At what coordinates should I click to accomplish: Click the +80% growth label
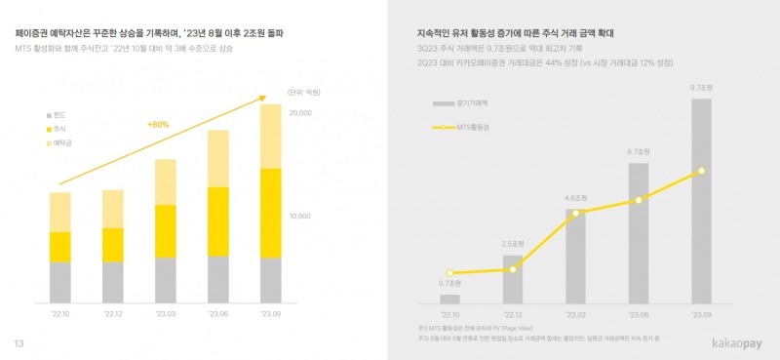[x=158, y=125]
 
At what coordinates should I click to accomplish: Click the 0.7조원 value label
[x=449, y=284]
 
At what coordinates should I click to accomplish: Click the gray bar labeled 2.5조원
[x=513, y=278]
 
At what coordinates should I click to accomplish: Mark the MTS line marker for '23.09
[x=702, y=172]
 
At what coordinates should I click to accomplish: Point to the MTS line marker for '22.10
[x=449, y=273]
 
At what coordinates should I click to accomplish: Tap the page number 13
[x=18, y=343]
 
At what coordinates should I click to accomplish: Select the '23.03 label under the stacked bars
[x=166, y=314]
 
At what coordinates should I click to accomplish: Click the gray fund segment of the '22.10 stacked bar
[x=60, y=282]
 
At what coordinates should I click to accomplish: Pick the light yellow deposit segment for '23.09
[x=271, y=137]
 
